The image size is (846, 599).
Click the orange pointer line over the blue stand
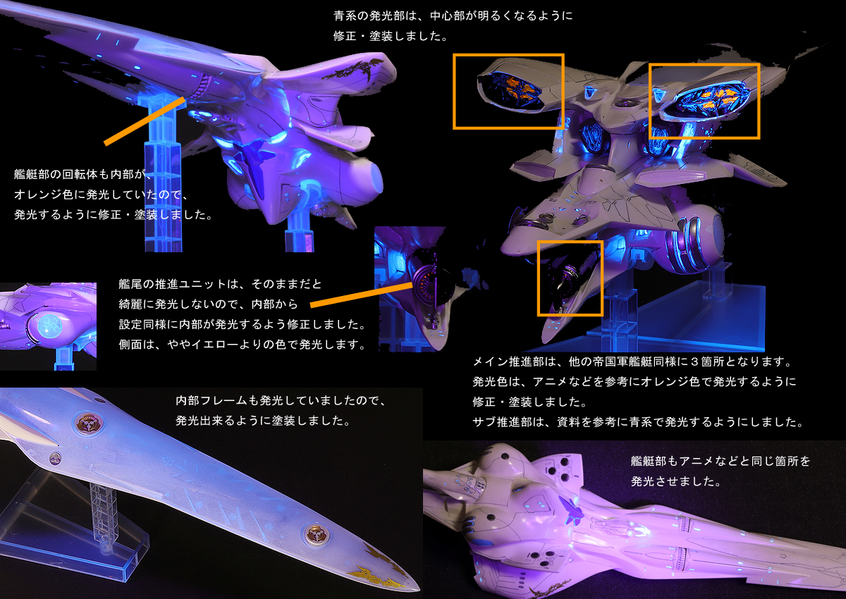click(x=145, y=121)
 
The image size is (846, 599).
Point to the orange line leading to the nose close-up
click(x=362, y=295)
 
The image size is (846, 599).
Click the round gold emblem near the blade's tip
click(x=317, y=534)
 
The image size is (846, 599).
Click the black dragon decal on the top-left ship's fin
click(x=353, y=70)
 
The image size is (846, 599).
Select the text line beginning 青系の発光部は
click(x=453, y=16)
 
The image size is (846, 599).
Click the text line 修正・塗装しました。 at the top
click(x=391, y=36)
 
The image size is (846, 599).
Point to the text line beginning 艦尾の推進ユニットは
click(x=220, y=284)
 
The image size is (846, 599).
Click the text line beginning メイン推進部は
click(x=632, y=362)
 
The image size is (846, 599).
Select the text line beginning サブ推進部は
click(x=639, y=422)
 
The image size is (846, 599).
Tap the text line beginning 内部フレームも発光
click(x=281, y=400)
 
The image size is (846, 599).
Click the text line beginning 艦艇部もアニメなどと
click(x=721, y=461)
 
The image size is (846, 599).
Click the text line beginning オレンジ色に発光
click(x=102, y=194)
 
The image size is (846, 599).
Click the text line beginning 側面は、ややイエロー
click(x=243, y=344)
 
